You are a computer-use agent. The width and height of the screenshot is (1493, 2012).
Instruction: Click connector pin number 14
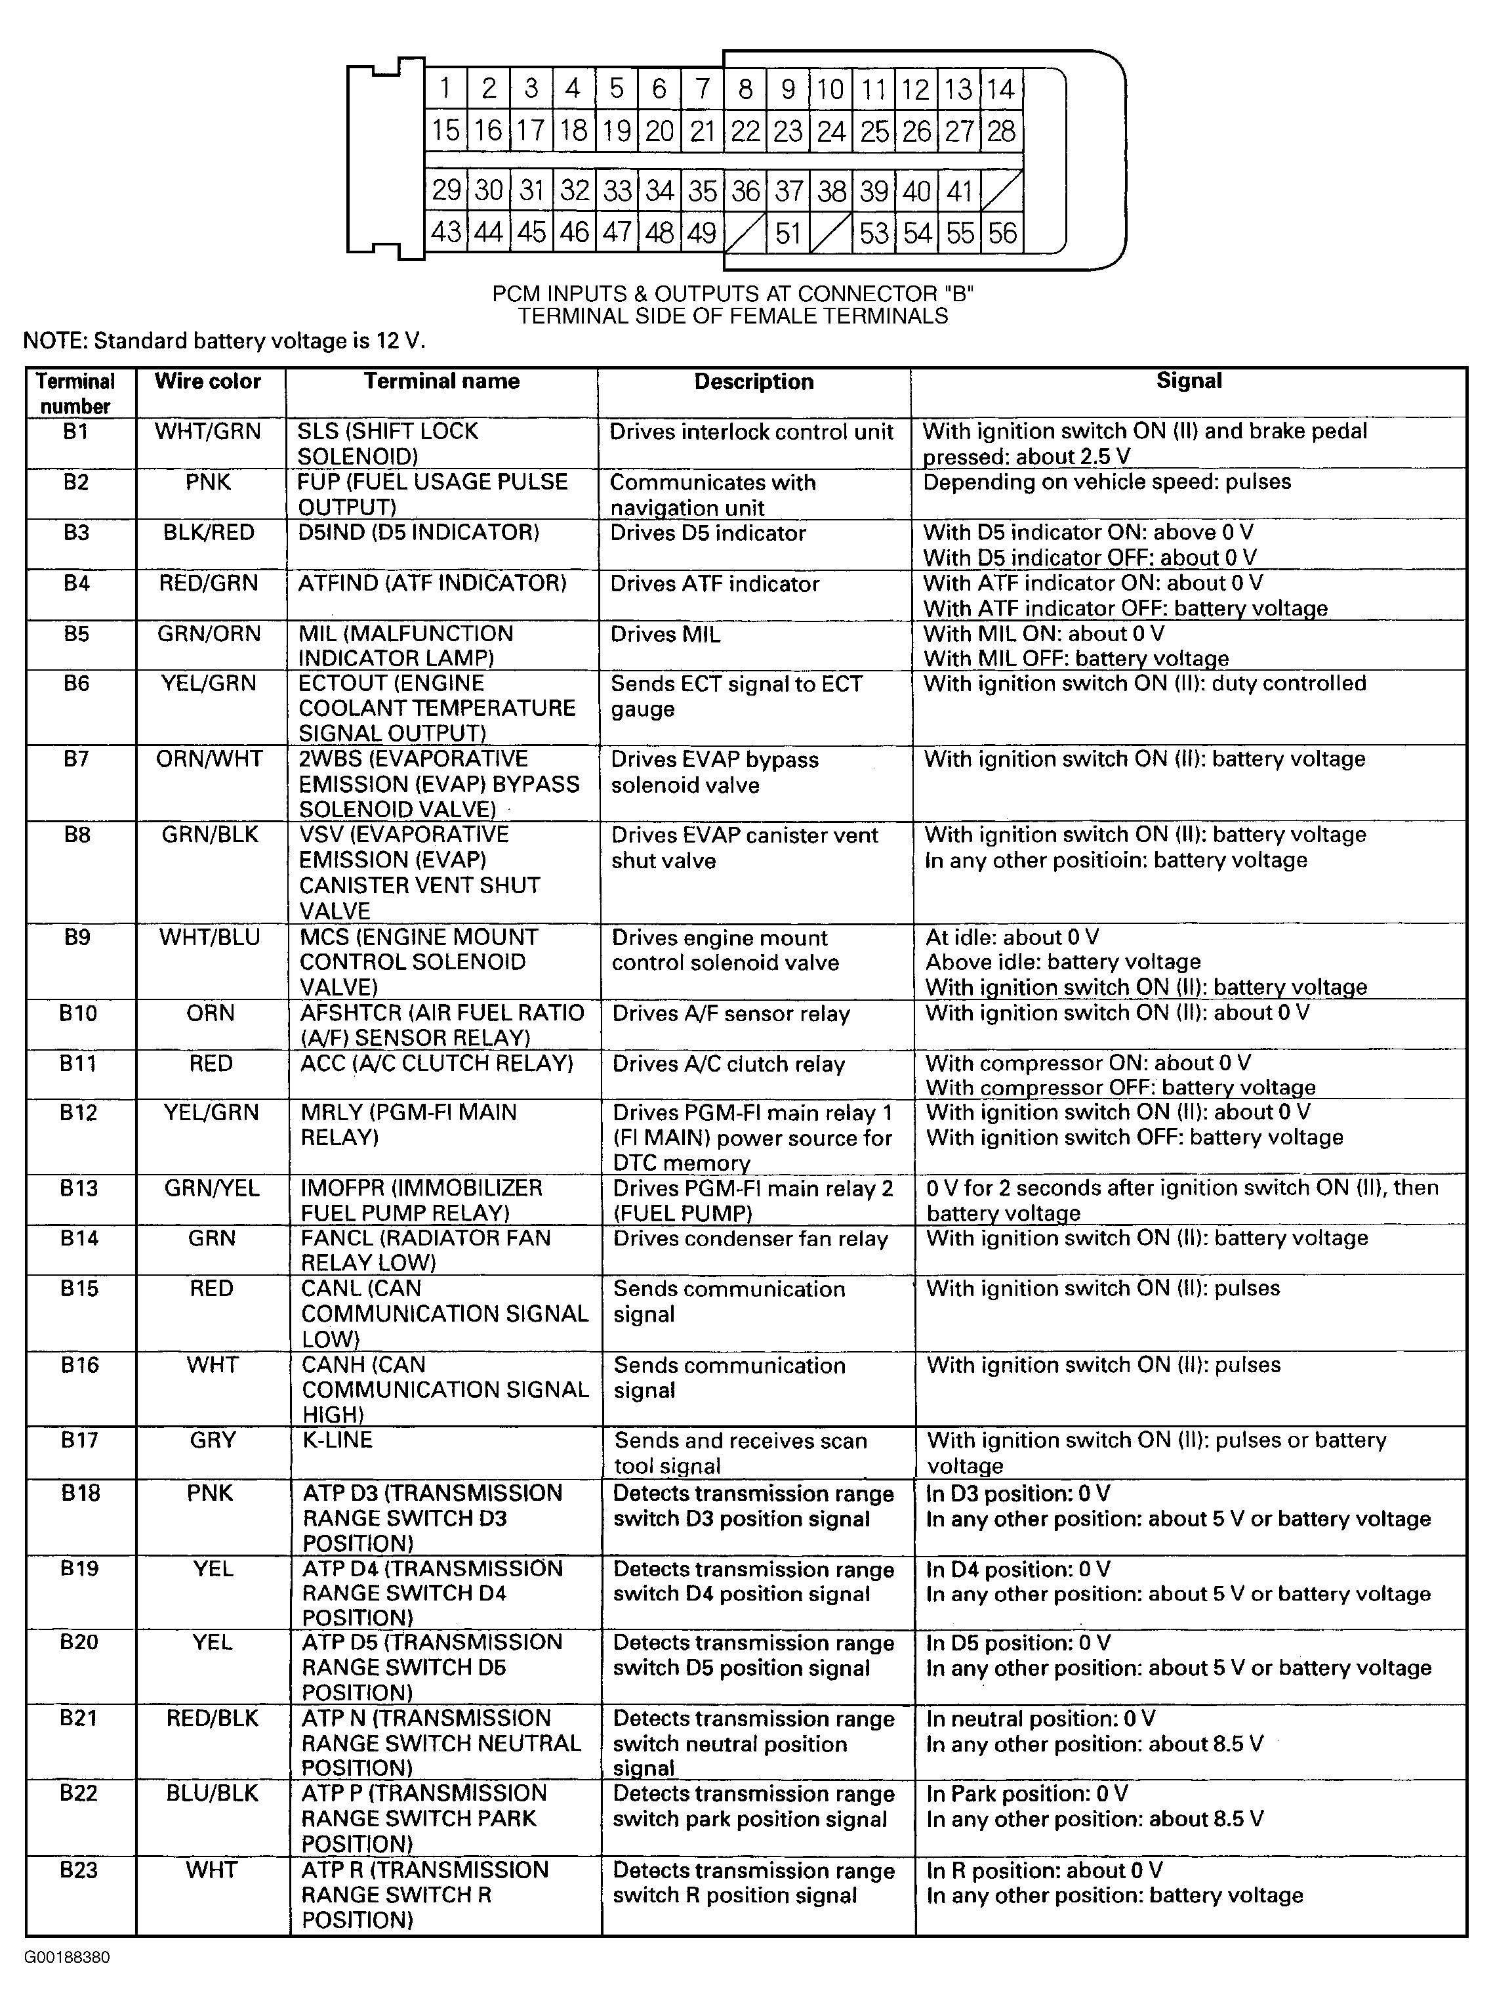(1000, 89)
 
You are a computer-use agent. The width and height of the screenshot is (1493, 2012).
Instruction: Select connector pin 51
(788, 233)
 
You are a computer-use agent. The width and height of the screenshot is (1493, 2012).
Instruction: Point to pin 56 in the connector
(1002, 233)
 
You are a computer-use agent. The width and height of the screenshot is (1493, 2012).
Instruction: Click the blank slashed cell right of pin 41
(1002, 191)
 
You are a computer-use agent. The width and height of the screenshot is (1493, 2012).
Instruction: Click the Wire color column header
(208, 381)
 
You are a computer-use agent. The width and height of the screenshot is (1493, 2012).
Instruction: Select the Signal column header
(1189, 381)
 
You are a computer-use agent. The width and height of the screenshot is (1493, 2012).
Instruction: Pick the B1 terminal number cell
(76, 432)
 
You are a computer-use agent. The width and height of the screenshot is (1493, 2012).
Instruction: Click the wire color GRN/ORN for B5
(209, 635)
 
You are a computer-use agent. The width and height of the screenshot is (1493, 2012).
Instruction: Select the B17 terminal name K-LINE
(337, 1440)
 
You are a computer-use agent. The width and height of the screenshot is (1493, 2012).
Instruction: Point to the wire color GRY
(213, 1440)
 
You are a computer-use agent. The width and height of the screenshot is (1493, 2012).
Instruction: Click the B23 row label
(79, 1870)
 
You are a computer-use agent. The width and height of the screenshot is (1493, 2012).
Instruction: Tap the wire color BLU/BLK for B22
(213, 1793)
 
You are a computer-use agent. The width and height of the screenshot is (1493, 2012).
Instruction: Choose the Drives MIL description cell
(665, 635)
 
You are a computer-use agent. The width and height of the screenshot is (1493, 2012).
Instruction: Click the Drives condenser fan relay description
(750, 1239)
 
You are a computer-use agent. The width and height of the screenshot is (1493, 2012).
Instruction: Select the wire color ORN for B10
(211, 1013)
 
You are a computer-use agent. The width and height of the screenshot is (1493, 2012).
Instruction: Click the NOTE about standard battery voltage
(223, 341)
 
